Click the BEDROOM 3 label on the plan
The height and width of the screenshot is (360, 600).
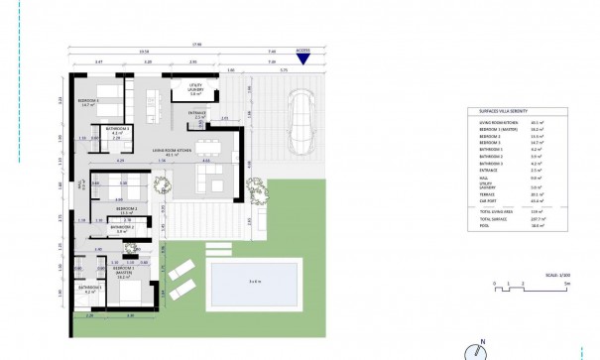click(90, 102)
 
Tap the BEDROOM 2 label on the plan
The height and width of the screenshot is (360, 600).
click(126, 209)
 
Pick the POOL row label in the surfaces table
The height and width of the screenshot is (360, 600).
click(485, 226)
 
